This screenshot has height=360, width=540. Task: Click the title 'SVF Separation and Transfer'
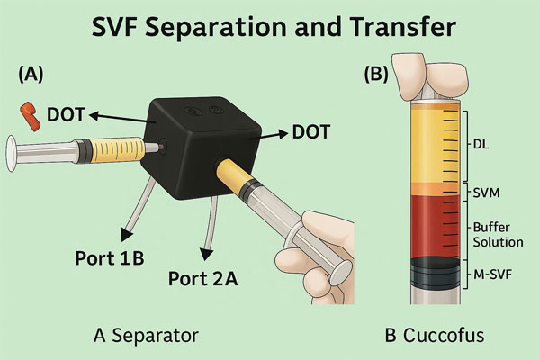270,30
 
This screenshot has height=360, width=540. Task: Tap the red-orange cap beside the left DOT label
29,113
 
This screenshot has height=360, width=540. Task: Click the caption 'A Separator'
146,335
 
